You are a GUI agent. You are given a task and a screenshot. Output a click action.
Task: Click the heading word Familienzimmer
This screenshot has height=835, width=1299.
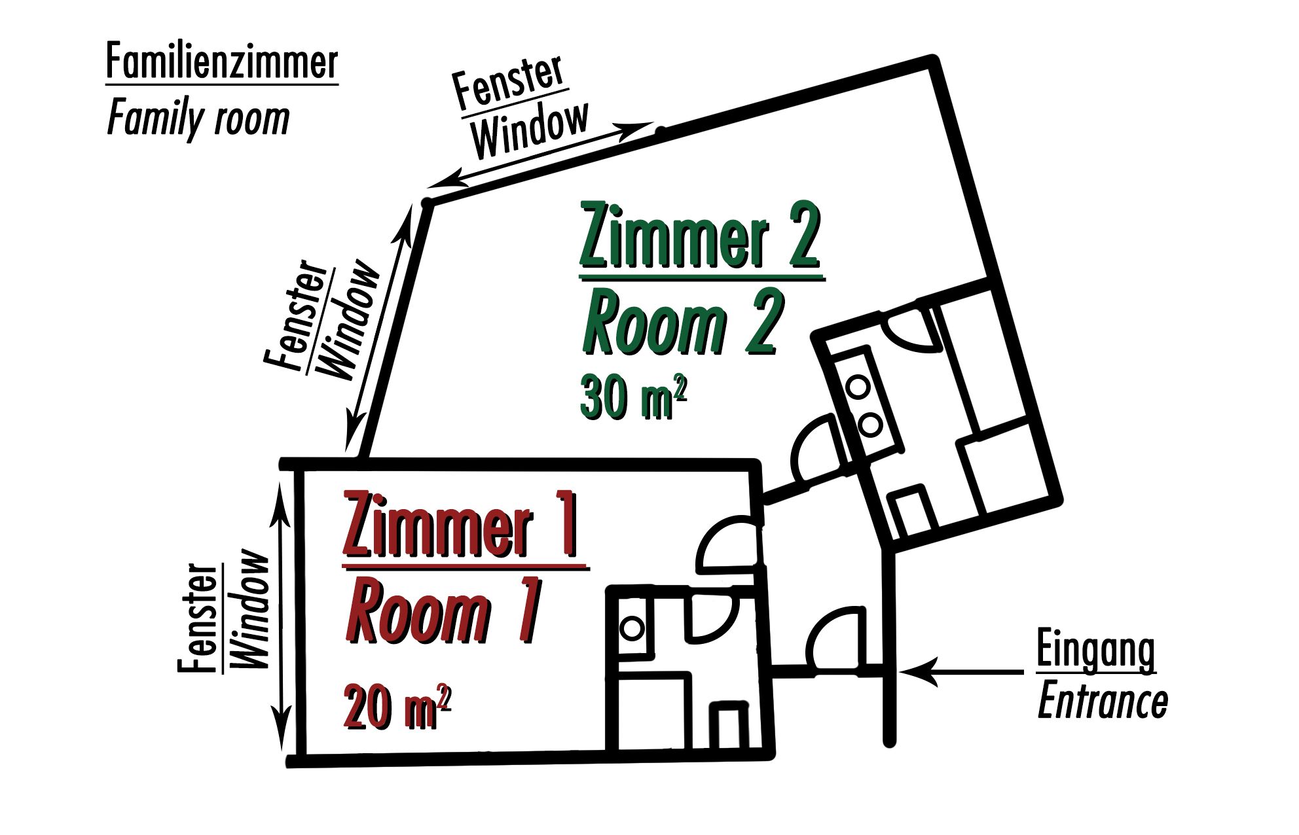pos(221,63)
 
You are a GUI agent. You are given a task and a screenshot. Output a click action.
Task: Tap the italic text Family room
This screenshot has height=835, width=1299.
pos(198,120)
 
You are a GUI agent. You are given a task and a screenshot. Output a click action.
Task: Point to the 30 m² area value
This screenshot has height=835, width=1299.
pos(632,397)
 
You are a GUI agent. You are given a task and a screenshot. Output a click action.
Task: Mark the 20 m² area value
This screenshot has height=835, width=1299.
pos(397,707)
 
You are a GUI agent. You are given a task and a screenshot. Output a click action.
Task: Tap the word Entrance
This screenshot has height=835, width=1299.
pos(1103,702)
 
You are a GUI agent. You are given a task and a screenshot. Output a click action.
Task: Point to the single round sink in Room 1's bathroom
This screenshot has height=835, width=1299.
pos(632,628)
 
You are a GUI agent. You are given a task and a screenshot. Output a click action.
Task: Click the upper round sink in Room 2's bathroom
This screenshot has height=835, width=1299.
pos(858,387)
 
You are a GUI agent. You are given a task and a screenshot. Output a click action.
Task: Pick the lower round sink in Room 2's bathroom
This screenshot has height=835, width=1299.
pos(870,425)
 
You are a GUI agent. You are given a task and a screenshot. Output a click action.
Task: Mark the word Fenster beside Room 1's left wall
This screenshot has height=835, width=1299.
pos(198,618)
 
